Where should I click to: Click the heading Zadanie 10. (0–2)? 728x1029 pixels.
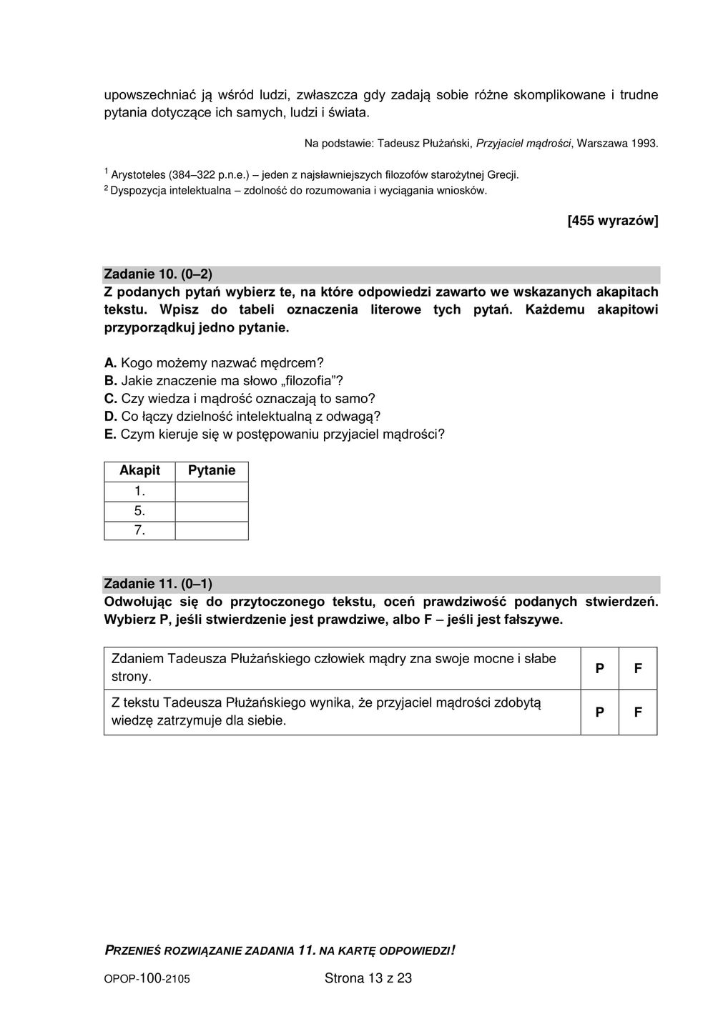click(158, 274)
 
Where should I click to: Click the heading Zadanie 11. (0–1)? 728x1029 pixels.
click(158, 584)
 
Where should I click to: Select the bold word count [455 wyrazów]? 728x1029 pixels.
click(612, 221)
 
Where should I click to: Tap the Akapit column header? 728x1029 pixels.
click(139, 471)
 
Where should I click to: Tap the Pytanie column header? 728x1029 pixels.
click(212, 471)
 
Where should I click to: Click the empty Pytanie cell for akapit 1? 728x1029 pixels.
click(212, 492)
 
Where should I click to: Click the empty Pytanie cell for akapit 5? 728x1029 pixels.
click(212, 512)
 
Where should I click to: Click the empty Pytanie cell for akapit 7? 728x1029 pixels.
click(212, 531)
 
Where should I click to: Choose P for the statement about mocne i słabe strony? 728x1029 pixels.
click(599, 668)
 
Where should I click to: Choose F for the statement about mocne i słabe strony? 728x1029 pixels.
click(638, 668)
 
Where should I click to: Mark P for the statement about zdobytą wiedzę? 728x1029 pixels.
click(599, 712)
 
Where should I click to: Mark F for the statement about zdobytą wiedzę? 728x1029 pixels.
click(638, 712)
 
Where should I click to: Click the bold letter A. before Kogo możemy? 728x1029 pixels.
click(111, 363)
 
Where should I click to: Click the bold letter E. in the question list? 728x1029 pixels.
click(110, 434)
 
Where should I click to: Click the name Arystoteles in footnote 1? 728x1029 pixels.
click(138, 174)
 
